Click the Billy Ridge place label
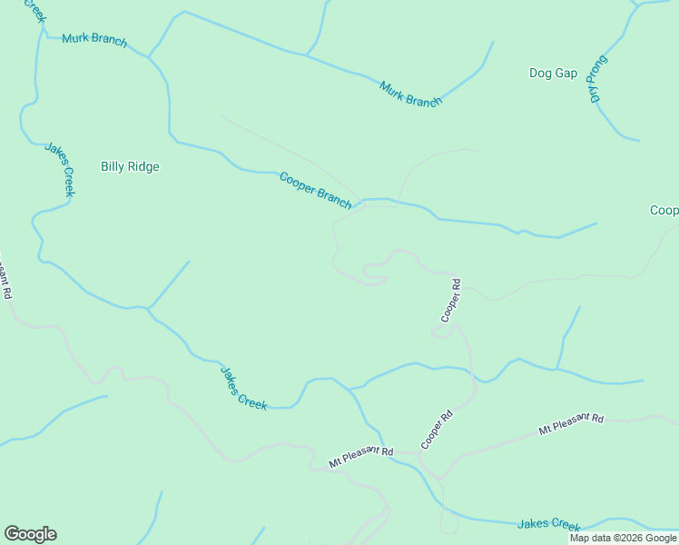pos(130,166)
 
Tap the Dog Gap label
pos(553,73)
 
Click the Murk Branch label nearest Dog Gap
pos(410,94)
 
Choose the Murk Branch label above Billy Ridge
pos(94,41)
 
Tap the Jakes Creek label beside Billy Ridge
pos(59,169)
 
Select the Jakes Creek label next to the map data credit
pos(548,525)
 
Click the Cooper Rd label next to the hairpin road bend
pos(451,301)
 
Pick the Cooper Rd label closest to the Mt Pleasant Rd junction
pos(437,431)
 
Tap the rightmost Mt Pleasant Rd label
pos(571,423)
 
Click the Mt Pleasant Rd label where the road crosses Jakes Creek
pos(361,457)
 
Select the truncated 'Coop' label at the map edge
pos(664,211)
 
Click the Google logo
pos(30,534)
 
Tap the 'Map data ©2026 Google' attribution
pos(624,538)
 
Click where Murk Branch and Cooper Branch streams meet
pos(150,57)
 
